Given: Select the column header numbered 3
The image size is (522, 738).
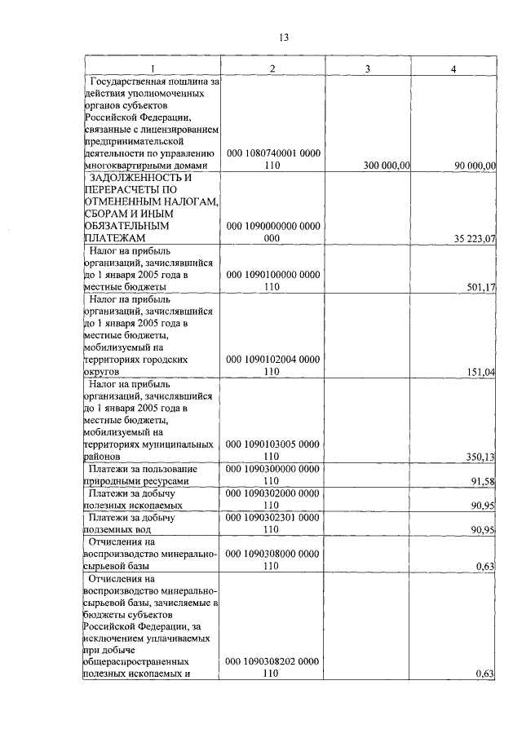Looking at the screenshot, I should coord(367,68).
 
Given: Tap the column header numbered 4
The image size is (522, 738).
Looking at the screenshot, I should coord(453,68).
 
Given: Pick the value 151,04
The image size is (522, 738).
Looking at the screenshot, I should coord(481,371).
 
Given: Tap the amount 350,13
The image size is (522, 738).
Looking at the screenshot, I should coord(481,457).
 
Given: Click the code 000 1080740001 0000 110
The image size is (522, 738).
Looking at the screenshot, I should coord(272,160).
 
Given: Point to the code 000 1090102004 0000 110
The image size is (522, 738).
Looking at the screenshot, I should coord(272,365).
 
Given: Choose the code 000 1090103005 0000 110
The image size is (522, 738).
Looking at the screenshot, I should coord(272,450).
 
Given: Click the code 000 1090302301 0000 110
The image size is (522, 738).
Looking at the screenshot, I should coord(272,523).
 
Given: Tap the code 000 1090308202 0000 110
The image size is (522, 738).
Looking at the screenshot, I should coord(272,667).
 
